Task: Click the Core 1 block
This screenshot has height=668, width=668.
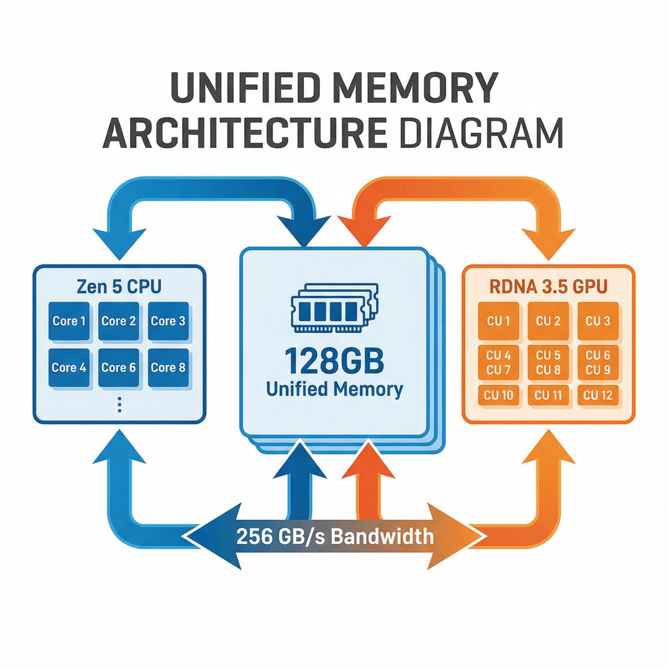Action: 69,321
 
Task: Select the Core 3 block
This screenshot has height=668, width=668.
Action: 168,321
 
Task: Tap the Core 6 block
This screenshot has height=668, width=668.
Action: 119,367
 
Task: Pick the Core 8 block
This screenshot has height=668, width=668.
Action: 168,367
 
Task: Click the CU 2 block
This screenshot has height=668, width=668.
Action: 548,321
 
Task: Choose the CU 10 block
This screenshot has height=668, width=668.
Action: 498,395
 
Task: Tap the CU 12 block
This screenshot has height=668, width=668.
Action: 598,395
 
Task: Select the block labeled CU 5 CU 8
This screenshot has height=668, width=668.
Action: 548,363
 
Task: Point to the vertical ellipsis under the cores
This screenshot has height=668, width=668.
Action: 119,404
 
